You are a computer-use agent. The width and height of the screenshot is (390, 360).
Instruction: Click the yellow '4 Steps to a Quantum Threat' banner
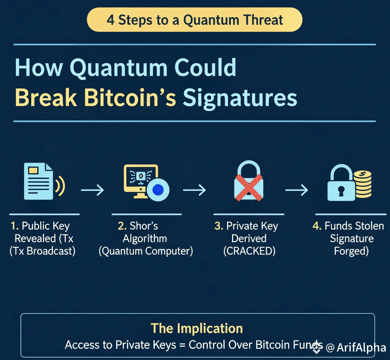195,20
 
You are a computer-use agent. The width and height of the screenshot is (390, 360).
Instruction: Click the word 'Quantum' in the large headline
119,68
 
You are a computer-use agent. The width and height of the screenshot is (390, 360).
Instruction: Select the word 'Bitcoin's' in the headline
130,97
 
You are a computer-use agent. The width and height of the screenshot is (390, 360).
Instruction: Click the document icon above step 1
38,181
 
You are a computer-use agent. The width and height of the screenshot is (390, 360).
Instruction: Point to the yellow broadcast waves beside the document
60,185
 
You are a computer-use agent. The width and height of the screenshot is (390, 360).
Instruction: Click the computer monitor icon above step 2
140,181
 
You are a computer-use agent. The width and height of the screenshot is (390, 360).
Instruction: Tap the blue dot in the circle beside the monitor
158,190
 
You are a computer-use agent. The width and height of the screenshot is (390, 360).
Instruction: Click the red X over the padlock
249,188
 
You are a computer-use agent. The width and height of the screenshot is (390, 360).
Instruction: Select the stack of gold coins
363,184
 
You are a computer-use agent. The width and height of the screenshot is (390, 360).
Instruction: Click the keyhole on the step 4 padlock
341,191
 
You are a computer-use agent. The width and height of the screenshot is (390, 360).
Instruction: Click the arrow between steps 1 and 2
92,190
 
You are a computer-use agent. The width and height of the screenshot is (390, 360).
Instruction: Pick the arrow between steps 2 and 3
194,190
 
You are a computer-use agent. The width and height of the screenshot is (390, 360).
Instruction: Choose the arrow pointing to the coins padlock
296,190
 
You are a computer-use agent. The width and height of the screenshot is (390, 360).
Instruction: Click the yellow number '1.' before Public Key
15,226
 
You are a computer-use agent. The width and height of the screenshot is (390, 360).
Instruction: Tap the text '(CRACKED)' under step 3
249,251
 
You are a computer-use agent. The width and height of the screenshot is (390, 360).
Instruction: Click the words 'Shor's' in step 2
144,226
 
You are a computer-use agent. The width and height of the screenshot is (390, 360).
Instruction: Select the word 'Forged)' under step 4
351,251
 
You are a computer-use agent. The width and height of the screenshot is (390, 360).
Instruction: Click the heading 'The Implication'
197,328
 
